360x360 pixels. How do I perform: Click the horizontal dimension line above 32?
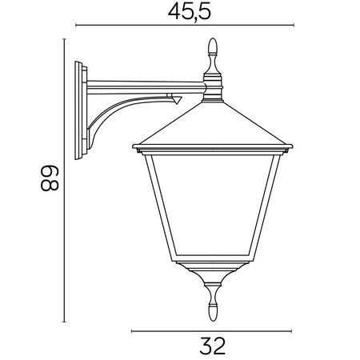212,330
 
